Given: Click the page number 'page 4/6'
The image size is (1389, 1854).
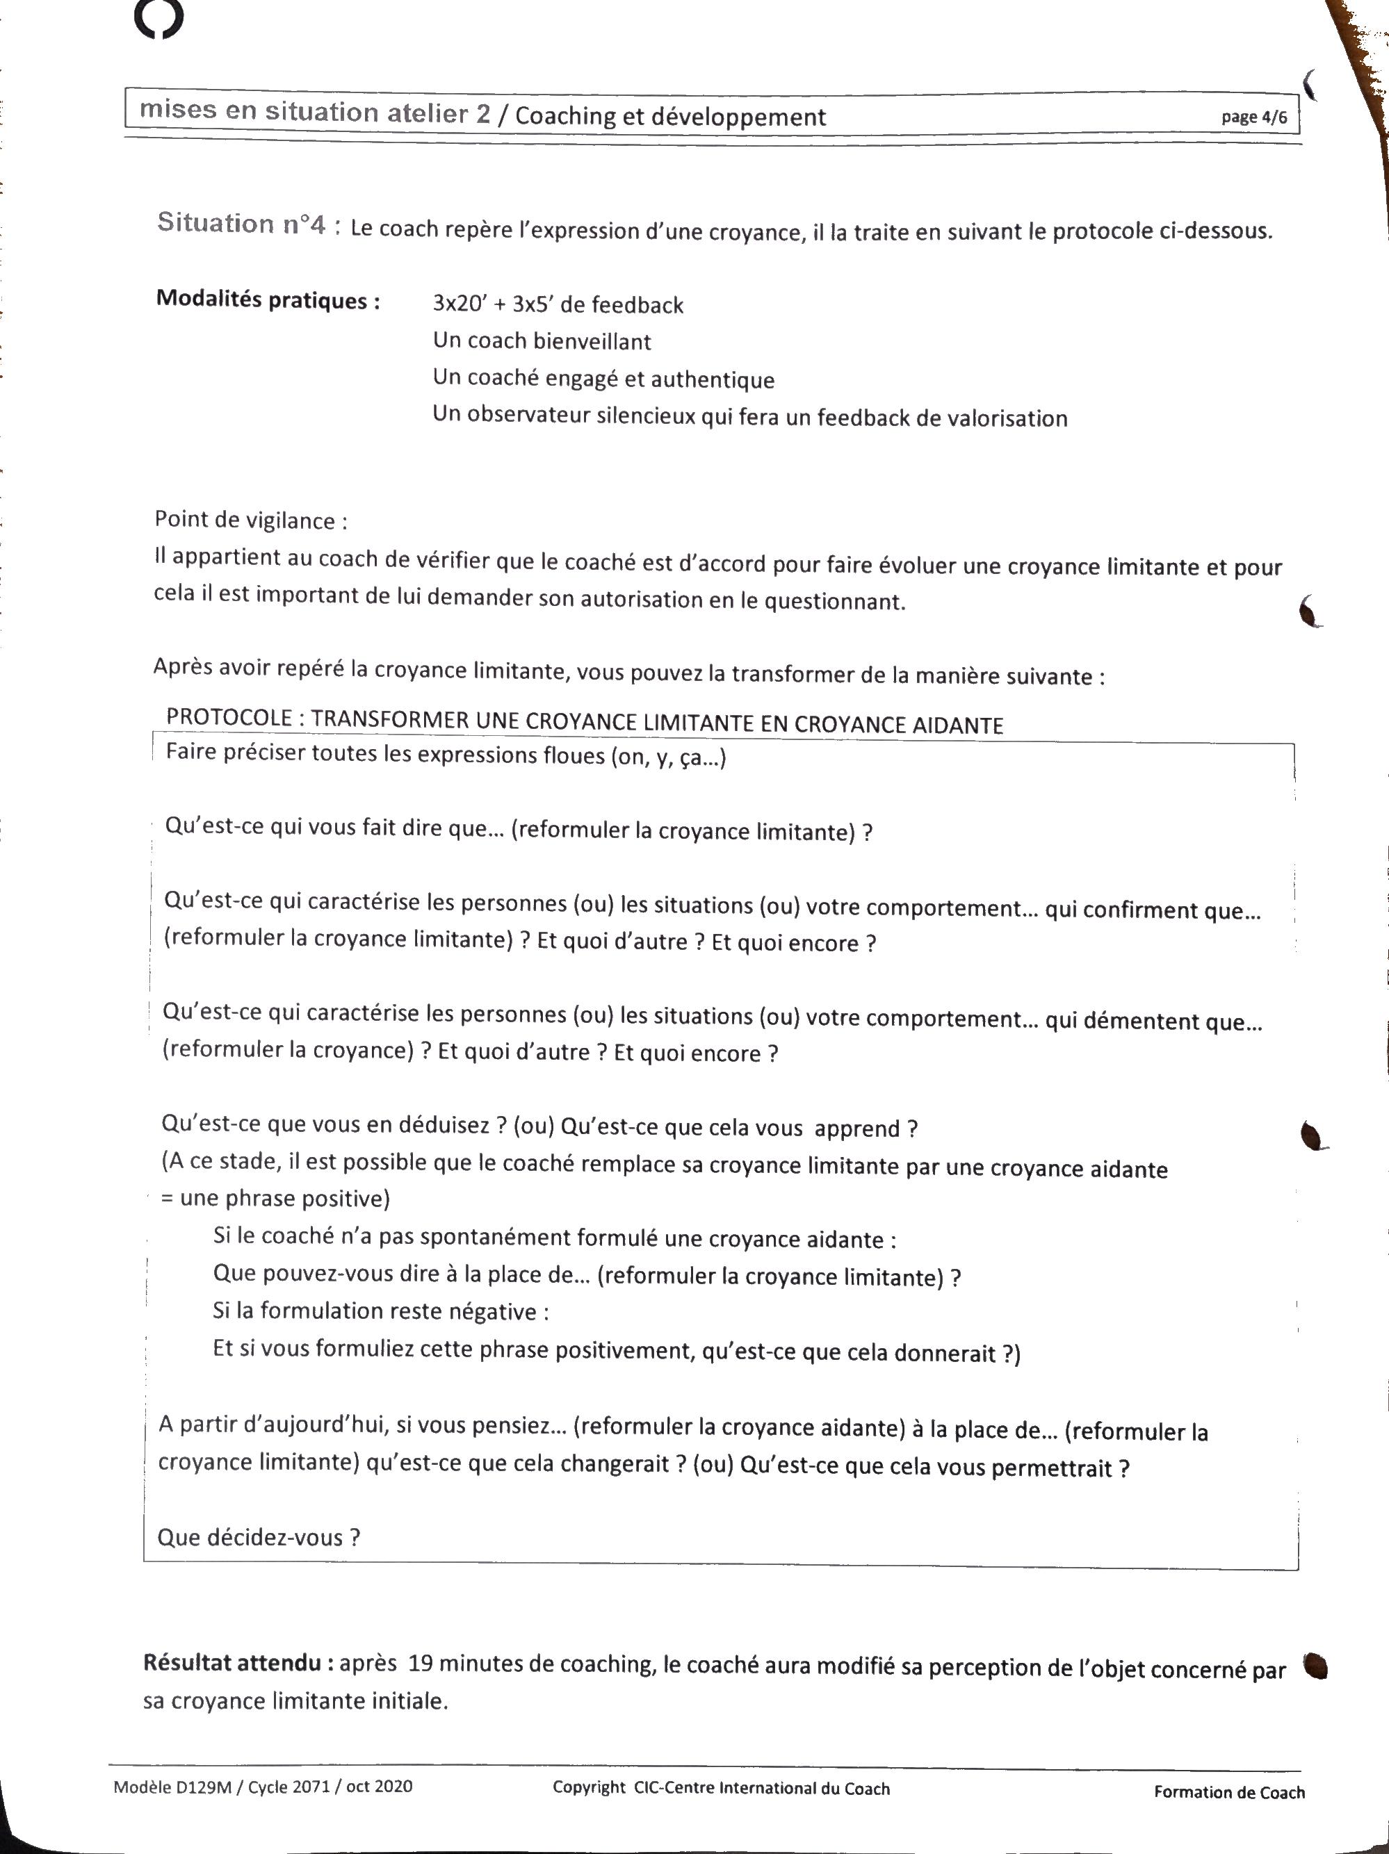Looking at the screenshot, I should coord(1253,117).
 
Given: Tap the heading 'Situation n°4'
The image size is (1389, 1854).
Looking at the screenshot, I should coord(241,224).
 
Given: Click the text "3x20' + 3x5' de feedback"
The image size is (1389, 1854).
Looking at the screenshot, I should coord(558,304).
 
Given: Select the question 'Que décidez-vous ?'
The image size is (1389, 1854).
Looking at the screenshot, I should coord(258,1538).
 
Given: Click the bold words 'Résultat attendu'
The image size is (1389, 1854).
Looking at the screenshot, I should coord(238,1662).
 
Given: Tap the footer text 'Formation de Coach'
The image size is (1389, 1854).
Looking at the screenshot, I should coord(1229,1792).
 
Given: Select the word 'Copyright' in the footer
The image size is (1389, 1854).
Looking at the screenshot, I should coord(588,1788).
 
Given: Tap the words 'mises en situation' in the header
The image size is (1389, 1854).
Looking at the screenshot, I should coord(259,111).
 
